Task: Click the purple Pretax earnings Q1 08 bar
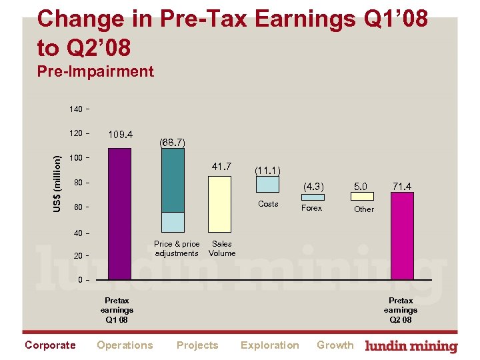click(x=120, y=213)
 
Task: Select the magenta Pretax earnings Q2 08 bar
click(x=402, y=236)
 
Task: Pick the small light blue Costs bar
click(x=268, y=184)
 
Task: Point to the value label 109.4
click(x=120, y=135)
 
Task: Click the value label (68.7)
click(x=172, y=142)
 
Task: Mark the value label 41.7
click(x=221, y=166)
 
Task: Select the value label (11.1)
click(x=267, y=171)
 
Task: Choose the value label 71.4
click(x=402, y=186)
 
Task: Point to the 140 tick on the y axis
click(x=77, y=109)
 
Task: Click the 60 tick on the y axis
click(x=78, y=207)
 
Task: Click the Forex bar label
click(x=311, y=208)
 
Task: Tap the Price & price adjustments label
click(x=176, y=249)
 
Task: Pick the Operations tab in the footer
click(x=125, y=345)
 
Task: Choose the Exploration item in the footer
click(x=269, y=345)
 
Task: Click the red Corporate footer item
click(x=50, y=345)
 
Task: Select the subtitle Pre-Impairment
click(x=96, y=71)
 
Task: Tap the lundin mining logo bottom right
click(x=412, y=346)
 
